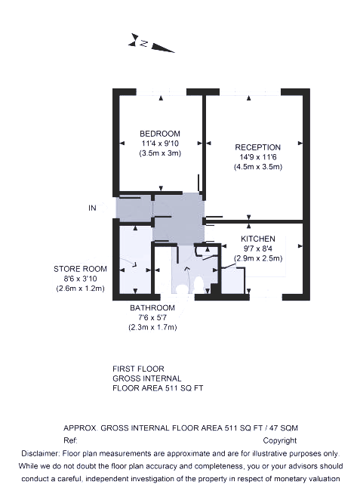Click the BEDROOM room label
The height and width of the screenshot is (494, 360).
[x=160, y=134]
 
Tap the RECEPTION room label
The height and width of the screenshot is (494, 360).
[x=257, y=147]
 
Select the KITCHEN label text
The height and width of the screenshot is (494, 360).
[x=258, y=239]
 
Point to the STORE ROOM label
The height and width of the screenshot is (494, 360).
[x=80, y=269]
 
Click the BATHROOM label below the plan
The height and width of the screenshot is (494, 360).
[x=152, y=307]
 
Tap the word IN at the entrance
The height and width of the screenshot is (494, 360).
[x=92, y=208]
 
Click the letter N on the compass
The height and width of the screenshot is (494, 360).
[x=144, y=43]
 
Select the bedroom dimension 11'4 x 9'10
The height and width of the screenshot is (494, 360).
[x=160, y=144]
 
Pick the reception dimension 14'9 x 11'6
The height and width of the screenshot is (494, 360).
[x=257, y=157]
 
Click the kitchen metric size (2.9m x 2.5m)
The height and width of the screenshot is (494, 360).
[x=258, y=258]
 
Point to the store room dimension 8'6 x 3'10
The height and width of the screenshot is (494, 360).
[x=80, y=279]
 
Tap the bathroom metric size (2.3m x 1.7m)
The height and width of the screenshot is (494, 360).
[x=152, y=327]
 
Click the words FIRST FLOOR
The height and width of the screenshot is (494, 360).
[x=138, y=369]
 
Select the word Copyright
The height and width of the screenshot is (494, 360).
[x=280, y=440]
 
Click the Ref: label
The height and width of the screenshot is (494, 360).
[x=70, y=440]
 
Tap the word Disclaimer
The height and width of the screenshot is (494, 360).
[x=40, y=453]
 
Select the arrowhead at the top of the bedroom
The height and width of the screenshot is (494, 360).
[x=161, y=98]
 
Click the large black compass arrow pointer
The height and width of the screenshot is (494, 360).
[x=162, y=48]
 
